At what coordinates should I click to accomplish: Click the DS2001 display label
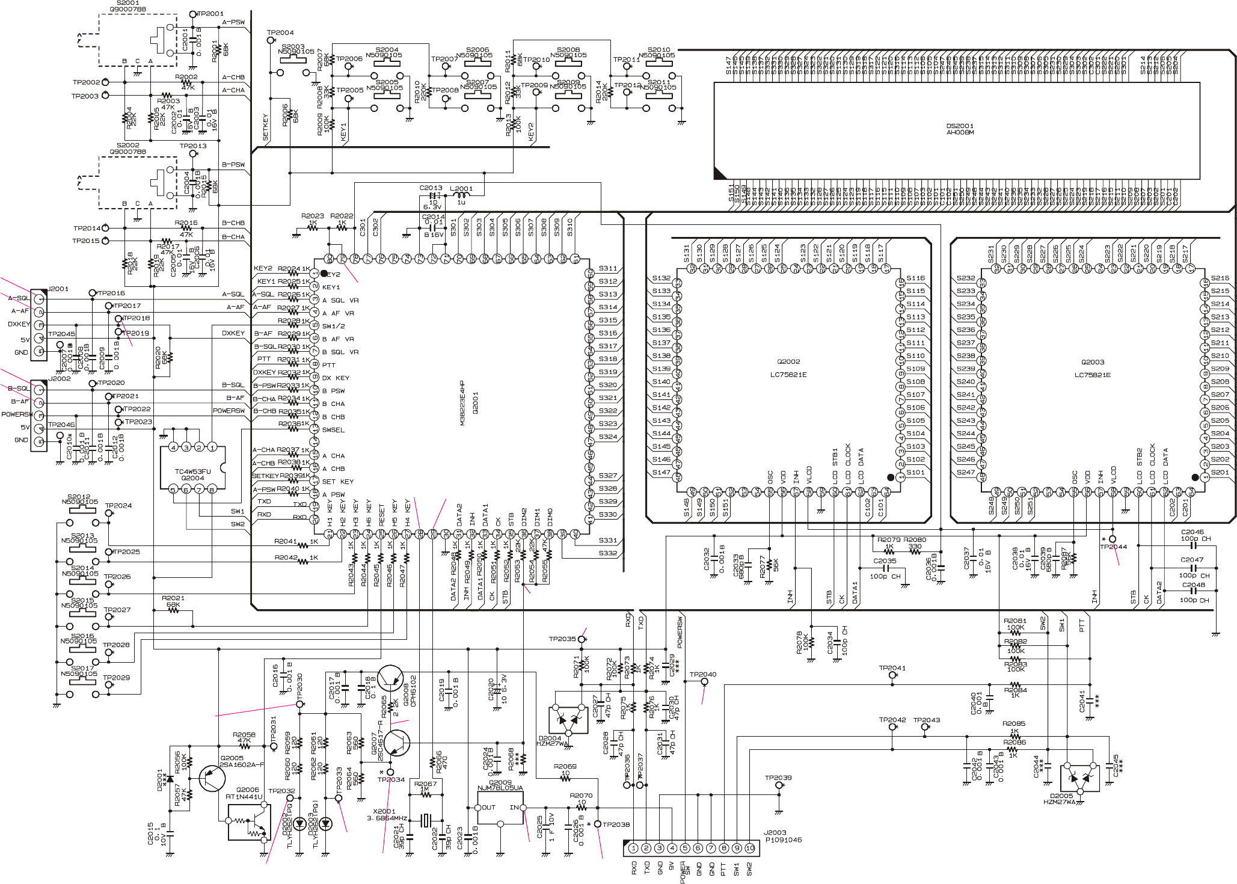(960, 126)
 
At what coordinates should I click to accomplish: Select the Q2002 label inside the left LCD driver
(788, 362)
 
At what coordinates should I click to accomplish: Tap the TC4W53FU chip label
(192, 471)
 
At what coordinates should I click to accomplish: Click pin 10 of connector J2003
(750, 848)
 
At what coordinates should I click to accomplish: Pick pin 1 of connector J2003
(633, 848)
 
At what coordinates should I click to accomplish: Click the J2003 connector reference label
(775, 833)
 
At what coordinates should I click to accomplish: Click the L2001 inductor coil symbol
(461, 195)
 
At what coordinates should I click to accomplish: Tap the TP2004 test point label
(280, 32)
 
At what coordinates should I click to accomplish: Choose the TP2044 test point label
(1113, 547)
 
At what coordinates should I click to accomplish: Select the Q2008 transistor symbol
(391, 678)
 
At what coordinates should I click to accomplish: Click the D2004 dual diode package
(568, 720)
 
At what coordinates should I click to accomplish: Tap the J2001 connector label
(58, 289)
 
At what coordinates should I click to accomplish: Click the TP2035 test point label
(562, 639)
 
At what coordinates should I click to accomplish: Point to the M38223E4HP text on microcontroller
(462, 402)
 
